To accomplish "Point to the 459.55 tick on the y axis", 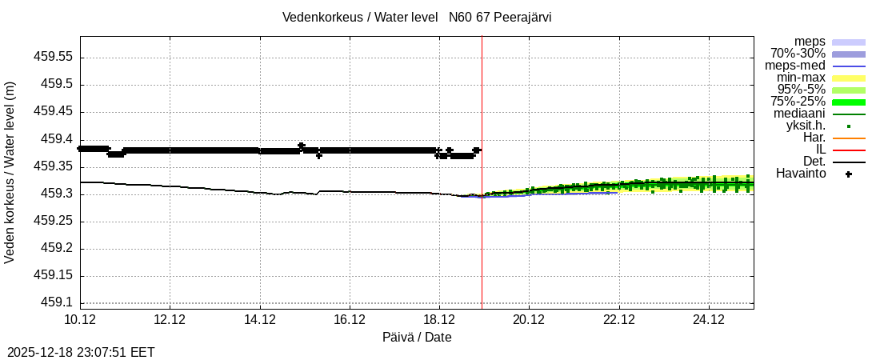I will [x=52, y=58].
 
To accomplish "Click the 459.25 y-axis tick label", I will [x=52, y=221].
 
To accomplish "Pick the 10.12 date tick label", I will [x=80, y=319].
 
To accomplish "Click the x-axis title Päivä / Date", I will [x=417, y=338].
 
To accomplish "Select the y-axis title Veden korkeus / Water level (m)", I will [x=10, y=172].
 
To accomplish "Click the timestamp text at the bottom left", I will [x=81, y=352].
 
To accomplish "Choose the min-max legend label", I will [x=801, y=78].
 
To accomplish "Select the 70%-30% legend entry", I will [x=798, y=54].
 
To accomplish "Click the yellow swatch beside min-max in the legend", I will [x=849, y=78].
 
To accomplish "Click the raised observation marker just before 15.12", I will [x=302, y=146].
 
